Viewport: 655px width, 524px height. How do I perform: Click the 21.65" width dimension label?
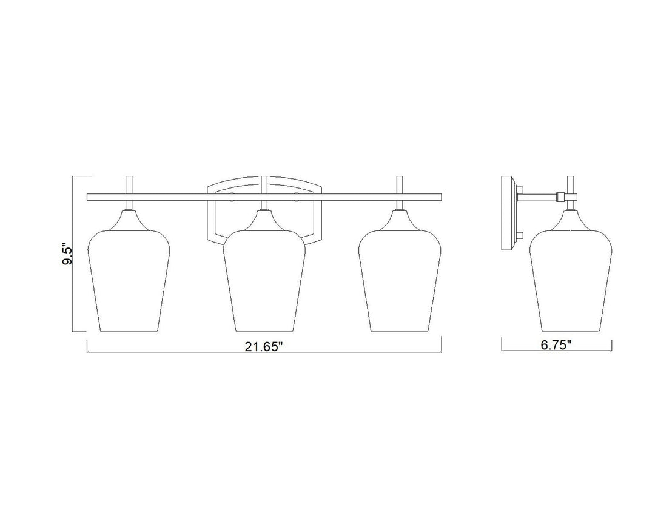(264, 347)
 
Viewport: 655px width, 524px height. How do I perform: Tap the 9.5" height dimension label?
(67, 254)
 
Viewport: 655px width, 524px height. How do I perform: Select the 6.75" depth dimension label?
(556, 345)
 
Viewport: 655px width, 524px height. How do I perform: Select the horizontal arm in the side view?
(539, 195)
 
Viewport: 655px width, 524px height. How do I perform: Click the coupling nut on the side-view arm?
(561, 195)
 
